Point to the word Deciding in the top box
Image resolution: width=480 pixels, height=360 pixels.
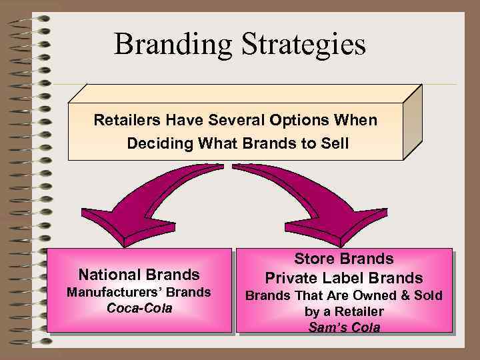pyautogui.click(x=155, y=143)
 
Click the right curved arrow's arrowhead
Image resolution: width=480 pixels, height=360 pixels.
pyautogui.click(x=357, y=224)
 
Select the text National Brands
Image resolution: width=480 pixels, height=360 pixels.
pyautogui.click(x=139, y=274)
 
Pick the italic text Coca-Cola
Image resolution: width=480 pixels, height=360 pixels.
pyautogui.click(x=139, y=308)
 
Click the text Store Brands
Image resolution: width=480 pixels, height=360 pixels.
pyautogui.click(x=344, y=259)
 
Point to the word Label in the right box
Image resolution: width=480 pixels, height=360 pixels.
pyautogui.click(x=347, y=278)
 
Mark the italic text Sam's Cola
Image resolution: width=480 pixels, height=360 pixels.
pyautogui.click(x=344, y=327)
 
